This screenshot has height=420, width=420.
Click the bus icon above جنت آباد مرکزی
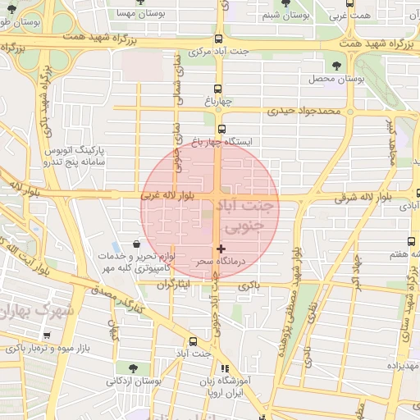[218, 39]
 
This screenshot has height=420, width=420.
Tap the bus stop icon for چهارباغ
[218, 89]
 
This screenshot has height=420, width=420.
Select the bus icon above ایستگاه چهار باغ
[221, 129]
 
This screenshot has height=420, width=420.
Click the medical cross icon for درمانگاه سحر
[220, 248]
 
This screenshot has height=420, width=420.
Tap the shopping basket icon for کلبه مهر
[136, 244]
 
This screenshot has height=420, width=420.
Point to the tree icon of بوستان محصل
[336, 66]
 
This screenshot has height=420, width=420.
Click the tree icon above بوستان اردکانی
[131, 367]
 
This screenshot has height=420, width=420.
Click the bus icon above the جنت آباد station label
[193, 341]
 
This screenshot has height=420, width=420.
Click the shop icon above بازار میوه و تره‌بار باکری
[47, 335]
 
